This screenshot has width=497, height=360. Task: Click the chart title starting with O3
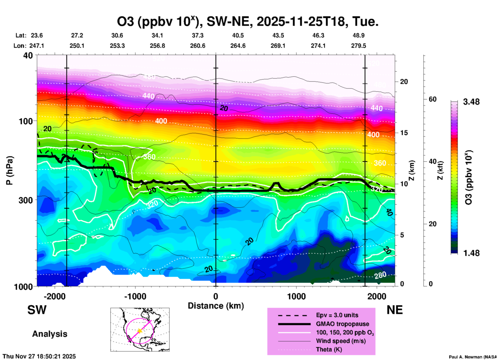tap(248, 21)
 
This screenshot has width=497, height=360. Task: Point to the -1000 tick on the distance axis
tap(135, 296)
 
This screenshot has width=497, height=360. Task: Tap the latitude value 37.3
tap(198, 35)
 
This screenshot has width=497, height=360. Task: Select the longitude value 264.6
tap(238, 46)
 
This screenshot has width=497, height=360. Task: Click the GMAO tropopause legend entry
tap(342, 324)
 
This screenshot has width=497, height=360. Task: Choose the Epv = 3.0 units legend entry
tap(337, 315)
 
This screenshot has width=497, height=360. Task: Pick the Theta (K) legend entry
tap(329, 349)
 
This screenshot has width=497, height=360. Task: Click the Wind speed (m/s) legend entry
tap(341, 341)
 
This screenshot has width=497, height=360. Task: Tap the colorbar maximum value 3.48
tap(471, 102)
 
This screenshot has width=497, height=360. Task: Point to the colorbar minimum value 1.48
tap(471, 253)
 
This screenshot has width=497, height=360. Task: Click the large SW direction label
tap(37, 310)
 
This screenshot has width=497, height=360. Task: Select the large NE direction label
tap(395, 310)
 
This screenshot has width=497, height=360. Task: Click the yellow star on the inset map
tap(140, 331)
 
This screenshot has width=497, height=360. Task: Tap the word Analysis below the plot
tap(50, 334)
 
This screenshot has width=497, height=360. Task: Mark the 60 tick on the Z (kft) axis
tap(432, 99)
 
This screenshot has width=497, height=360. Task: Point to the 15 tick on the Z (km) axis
tap(404, 133)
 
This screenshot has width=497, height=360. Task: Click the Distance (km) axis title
tap(216, 306)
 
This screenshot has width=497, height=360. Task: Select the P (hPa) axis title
tap(10, 170)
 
